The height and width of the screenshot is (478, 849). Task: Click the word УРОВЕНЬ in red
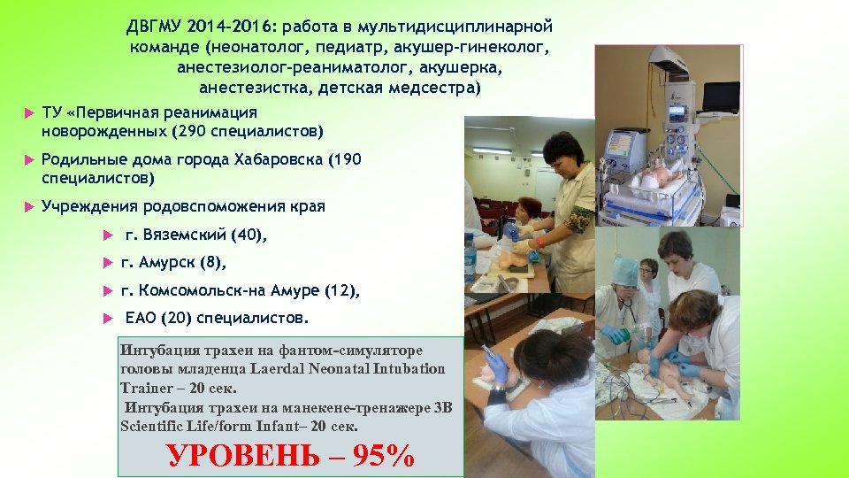point(251,455)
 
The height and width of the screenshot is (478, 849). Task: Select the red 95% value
point(382,455)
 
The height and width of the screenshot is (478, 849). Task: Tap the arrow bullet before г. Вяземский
point(107,235)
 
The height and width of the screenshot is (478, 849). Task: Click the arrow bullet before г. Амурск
point(107,263)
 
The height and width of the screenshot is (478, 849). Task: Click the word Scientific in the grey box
point(149,426)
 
